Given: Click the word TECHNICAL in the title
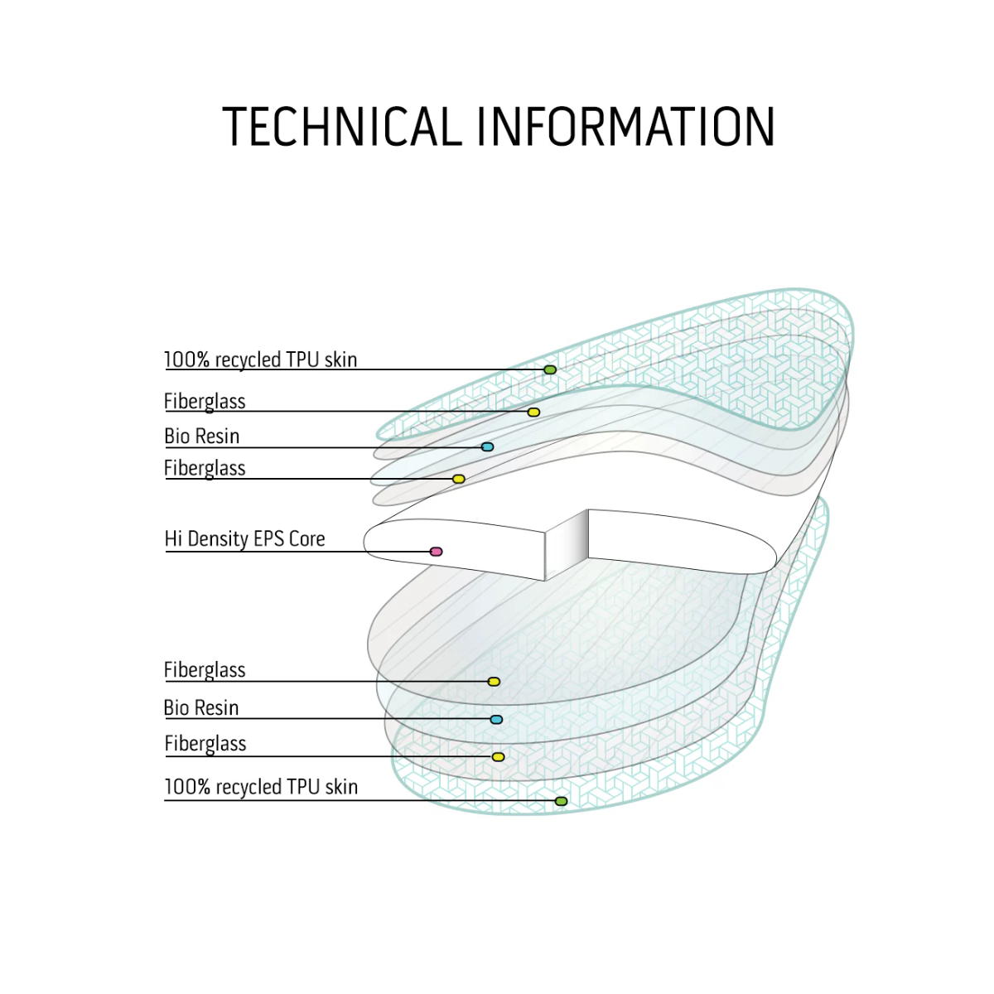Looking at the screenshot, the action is (x=342, y=127).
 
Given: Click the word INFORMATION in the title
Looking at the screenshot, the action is (x=626, y=127).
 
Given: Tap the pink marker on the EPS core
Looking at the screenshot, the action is (x=436, y=552).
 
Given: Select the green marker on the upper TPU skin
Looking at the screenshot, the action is (x=550, y=369).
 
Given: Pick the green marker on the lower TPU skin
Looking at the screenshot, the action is (x=562, y=801).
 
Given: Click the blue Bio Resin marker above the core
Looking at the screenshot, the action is (x=487, y=446).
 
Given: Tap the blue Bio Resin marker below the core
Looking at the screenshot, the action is (x=496, y=720).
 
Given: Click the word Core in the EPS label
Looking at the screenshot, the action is (x=307, y=539).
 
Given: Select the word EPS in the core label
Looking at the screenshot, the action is (x=267, y=539).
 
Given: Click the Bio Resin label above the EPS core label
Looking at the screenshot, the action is (x=201, y=437).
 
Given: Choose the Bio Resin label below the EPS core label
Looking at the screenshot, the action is (x=201, y=707).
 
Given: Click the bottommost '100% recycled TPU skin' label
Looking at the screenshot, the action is (x=261, y=787).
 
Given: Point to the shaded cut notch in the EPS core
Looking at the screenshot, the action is (x=567, y=545).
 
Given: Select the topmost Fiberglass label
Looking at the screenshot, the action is (x=205, y=402).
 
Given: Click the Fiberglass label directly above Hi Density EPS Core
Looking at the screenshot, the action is (x=205, y=469).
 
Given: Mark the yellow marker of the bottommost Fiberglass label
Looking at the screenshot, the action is (x=498, y=757).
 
